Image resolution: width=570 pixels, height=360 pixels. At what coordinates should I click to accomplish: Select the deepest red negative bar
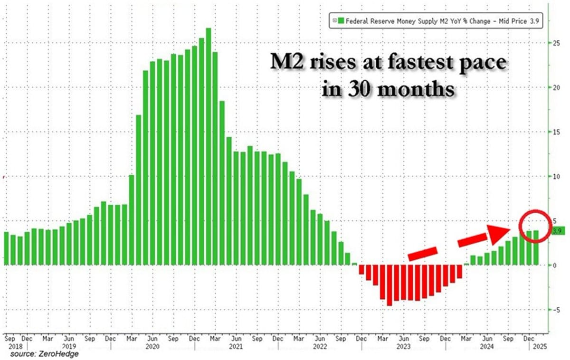point(389,285)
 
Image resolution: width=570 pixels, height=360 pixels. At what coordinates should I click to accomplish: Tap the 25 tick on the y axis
point(554,43)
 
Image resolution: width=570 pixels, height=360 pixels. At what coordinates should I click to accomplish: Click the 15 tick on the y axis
point(554,132)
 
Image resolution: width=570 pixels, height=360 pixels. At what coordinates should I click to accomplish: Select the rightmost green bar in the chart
point(536,247)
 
